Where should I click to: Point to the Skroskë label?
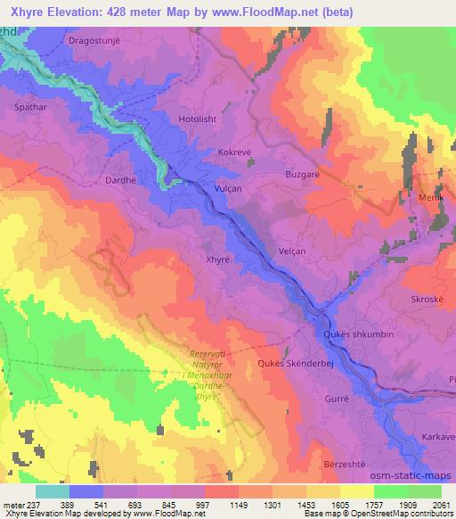427,300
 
